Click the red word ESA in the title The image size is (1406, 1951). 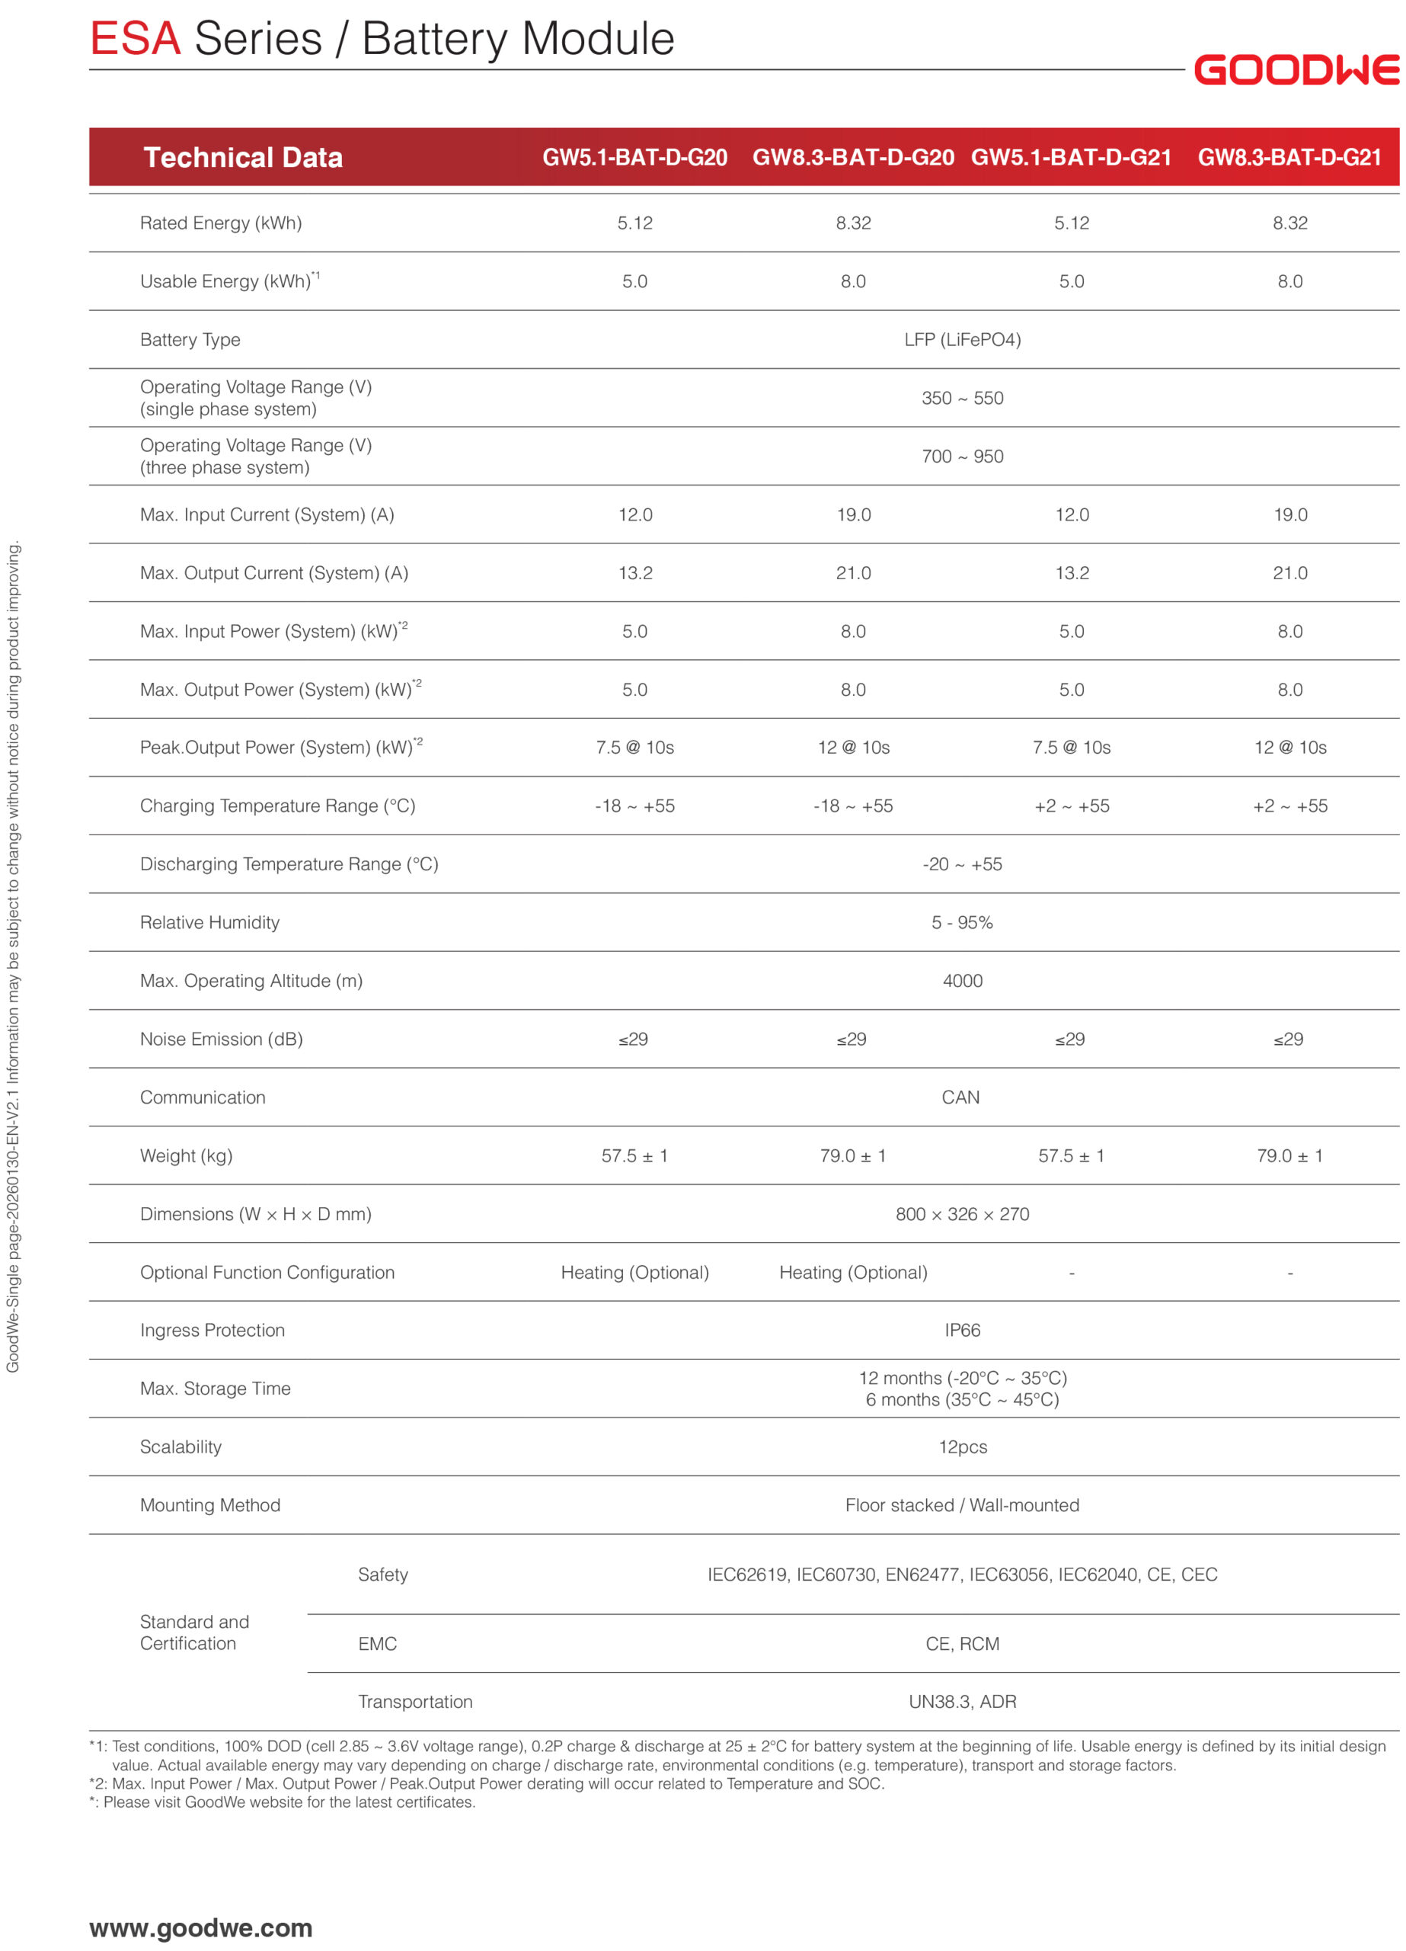coord(135,40)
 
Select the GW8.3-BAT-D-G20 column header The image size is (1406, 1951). coord(852,158)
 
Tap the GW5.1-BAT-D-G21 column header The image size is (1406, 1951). coord(1071,158)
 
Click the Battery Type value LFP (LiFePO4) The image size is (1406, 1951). coord(961,340)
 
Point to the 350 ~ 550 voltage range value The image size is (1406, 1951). coord(961,399)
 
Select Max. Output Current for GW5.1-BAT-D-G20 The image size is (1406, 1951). coord(634,573)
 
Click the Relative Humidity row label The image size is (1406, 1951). coord(209,922)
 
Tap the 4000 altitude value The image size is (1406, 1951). coord(961,981)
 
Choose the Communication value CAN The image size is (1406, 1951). coord(960,1097)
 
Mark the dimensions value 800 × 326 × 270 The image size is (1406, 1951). coord(961,1214)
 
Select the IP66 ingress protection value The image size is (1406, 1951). coord(961,1330)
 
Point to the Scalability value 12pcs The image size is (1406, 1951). coord(961,1447)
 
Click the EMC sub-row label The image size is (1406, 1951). coord(378,1644)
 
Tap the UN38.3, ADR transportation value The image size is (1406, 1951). coord(961,1702)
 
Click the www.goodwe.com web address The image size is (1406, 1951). coord(200,1928)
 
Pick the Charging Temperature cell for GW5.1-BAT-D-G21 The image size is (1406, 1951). coord(1071,806)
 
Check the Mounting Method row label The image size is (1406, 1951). coord(209,1504)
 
